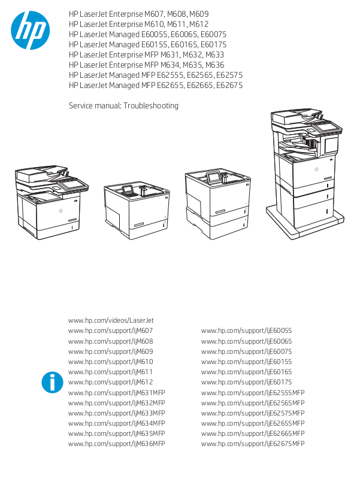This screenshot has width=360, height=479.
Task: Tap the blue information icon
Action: coord(53,382)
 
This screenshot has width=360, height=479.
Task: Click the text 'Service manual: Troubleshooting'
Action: coord(123,106)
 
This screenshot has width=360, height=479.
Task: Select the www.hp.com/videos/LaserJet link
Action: coord(111,320)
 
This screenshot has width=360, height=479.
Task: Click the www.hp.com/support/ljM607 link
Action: coord(111,331)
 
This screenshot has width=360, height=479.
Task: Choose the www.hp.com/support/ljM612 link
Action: coord(111,382)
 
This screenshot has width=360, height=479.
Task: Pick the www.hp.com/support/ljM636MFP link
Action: coord(117,444)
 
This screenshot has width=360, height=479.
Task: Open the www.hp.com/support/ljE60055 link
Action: coord(246,331)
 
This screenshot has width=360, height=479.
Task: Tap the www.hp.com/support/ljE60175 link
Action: coord(246,382)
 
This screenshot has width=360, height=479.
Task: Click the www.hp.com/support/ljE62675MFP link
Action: coord(253,444)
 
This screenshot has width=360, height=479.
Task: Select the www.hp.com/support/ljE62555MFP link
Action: coord(253,392)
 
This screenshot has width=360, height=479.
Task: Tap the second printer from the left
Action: coord(137,210)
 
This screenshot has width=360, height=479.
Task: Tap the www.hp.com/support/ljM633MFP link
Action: coord(117,413)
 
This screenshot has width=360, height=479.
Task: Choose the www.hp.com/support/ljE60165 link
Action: coord(246,372)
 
